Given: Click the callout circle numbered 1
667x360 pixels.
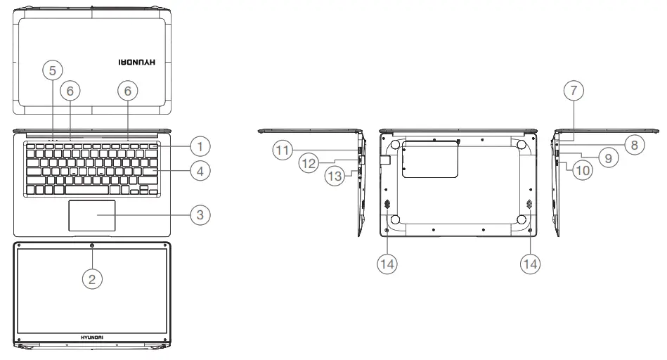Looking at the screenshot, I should click(x=200, y=146).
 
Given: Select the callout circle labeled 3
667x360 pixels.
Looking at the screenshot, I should click(x=200, y=214).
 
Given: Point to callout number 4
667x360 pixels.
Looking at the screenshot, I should click(x=200, y=170).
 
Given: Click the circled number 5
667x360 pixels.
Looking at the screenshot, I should click(x=52, y=70).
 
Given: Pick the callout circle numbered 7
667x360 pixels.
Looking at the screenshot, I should click(x=574, y=91).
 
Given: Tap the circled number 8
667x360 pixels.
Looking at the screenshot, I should click(x=633, y=145).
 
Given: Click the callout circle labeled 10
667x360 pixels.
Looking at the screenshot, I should click(x=580, y=170).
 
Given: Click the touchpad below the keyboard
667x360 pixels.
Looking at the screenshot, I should click(x=92, y=216).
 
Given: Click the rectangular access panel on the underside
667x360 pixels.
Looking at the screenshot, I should click(x=429, y=158).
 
